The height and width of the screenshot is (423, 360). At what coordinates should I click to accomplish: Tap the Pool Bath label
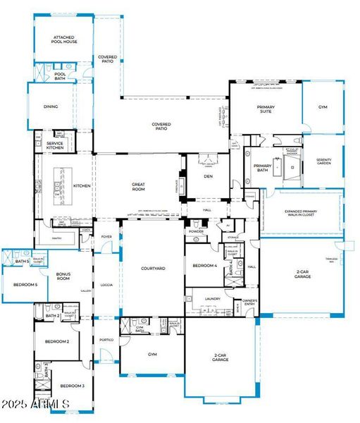coord(60,75)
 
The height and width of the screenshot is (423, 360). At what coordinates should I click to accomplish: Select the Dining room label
coord(50,106)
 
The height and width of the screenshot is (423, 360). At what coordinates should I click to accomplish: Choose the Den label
coord(208,176)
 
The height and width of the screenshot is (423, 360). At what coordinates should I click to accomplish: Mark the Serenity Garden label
coord(323,161)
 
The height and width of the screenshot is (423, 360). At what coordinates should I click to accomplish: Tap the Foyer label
coord(106,237)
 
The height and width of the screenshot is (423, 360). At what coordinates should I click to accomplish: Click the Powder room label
coord(196,231)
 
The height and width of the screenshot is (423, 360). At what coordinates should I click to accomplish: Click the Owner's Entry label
coord(250,303)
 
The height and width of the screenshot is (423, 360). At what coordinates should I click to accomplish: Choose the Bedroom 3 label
coord(72,386)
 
